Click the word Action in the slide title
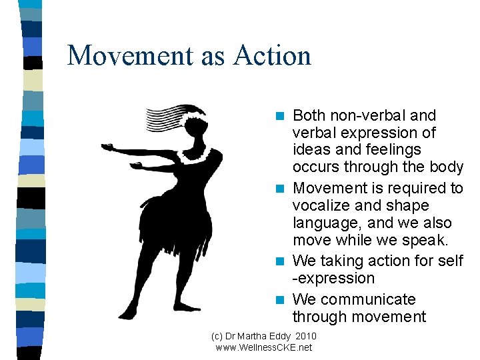point(272,55)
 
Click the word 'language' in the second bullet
point(325,223)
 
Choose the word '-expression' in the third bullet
point(333,278)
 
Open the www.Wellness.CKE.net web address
point(264,347)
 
